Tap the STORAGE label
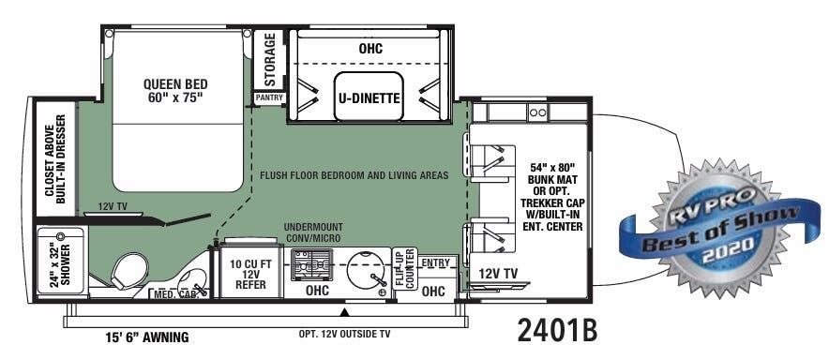click(269, 57)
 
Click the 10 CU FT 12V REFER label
click(249, 273)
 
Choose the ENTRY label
click(434, 263)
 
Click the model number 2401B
click(556, 331)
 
